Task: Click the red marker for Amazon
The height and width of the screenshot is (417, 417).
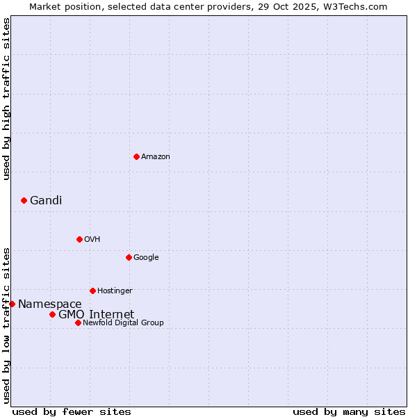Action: coord(136,156)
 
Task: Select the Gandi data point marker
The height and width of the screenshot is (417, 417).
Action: coord(24,200)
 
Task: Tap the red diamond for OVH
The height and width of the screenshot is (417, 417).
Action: coord(79,239)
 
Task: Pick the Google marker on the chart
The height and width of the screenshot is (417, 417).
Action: coord(129,257)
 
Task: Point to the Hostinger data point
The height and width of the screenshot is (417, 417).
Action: coord(92,291)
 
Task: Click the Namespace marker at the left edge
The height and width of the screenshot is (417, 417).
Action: coord(12,304)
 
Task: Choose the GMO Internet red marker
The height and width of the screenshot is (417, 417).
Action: coord(52,314)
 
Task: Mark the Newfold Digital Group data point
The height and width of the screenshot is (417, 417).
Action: coord(78,322)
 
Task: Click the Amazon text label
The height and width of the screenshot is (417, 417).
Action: coord(156,156)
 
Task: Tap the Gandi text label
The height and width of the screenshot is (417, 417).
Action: coord(46,200)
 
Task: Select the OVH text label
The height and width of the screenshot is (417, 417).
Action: coord(92,239)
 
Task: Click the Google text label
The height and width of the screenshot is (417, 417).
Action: coord(146,257)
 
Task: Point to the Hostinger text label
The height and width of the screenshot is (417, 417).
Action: coord(115,291)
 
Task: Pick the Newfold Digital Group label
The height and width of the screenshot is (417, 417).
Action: coord(123,322)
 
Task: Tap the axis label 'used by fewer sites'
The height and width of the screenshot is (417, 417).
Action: coord(72,411)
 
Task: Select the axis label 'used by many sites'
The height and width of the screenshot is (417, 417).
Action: coord(349,411)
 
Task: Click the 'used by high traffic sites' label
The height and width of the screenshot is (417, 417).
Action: coord(7,99)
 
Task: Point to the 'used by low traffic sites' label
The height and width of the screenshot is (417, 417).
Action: coord(7,325)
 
